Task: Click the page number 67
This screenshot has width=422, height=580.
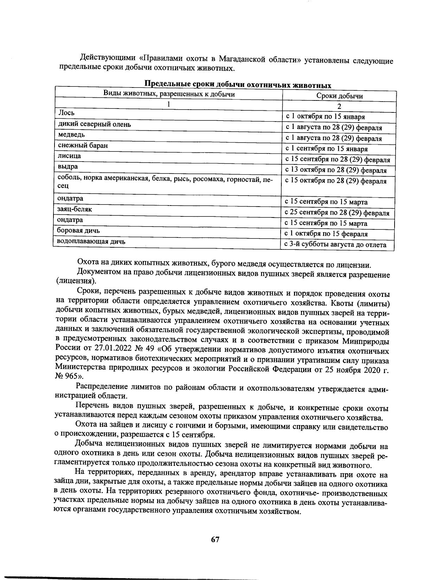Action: pyautogui.click(x=215, y=540)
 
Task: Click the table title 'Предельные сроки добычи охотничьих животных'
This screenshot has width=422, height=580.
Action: pyautogui.click(x=238, y=85)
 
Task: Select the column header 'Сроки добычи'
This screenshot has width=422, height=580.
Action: pyautogui.click(x=339, y=96)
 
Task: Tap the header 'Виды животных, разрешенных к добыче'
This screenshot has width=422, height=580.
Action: pyautogui.click(x=169, y=94)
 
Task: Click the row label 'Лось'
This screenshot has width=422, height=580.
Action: pyautogui.click(x=66, y=113)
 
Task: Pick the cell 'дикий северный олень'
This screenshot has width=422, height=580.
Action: pyautogui.click(x=94, y=124)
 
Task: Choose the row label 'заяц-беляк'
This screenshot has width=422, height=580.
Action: pyautogui.click(x=75, y=209)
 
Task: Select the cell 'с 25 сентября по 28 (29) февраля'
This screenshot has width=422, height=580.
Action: pyautogui.click(x=337, y=213)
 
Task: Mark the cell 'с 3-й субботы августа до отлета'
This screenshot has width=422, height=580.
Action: pyautogui.click(x=335, y=245)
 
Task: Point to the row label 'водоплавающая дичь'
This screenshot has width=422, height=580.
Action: pyautogui.click(x=91, y=241)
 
